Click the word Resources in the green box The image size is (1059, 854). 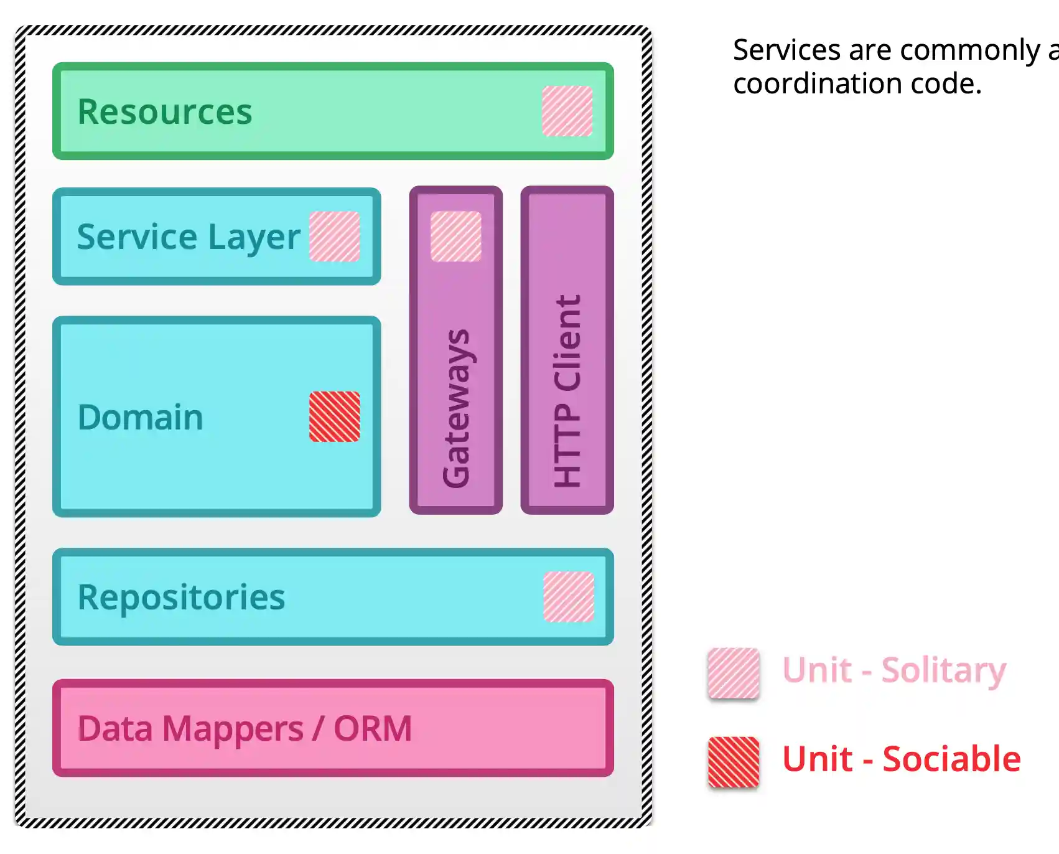(165, 112)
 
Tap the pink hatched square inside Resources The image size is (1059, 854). (567, 111)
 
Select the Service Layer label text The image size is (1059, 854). (188, 237)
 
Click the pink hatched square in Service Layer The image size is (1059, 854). (335, 237)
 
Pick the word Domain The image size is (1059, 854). (141, 417)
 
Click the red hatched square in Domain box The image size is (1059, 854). (335, 416)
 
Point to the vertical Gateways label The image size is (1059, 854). (456, 408)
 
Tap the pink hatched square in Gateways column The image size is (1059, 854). (456, 237)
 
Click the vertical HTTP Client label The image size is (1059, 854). (567, 391)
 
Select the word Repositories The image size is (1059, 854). (181, 598)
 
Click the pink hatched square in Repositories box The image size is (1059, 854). (569, 597)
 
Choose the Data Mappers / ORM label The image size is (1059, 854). (245, 728)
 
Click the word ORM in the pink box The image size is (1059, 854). (373, 728)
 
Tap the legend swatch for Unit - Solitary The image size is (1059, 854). (734, 673)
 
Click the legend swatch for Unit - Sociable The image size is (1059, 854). (734, 762)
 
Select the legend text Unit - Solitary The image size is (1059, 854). (894, 670)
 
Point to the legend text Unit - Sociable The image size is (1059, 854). (901, 759)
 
